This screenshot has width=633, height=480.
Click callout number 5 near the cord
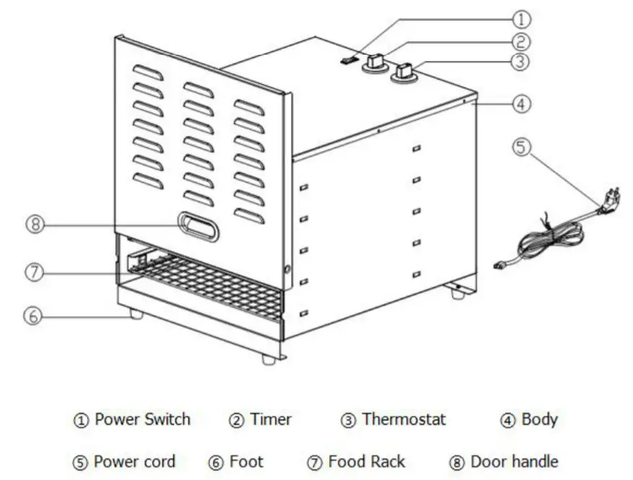pyautogui.click(x=522, y=147)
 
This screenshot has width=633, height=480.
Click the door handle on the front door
pyautogui.click(x=198, y=225)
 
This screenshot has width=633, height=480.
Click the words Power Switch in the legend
pyautogui.click(x=142, y=419)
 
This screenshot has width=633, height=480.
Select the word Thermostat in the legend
pyautogui.click(x=403, y=419)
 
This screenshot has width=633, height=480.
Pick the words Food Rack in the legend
pyautogui.click(x=366, y=461)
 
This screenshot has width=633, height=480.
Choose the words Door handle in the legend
pyautogui.click(x=514, y=461)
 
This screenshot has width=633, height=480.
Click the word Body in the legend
pyautogui.click(x=539, y=419)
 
